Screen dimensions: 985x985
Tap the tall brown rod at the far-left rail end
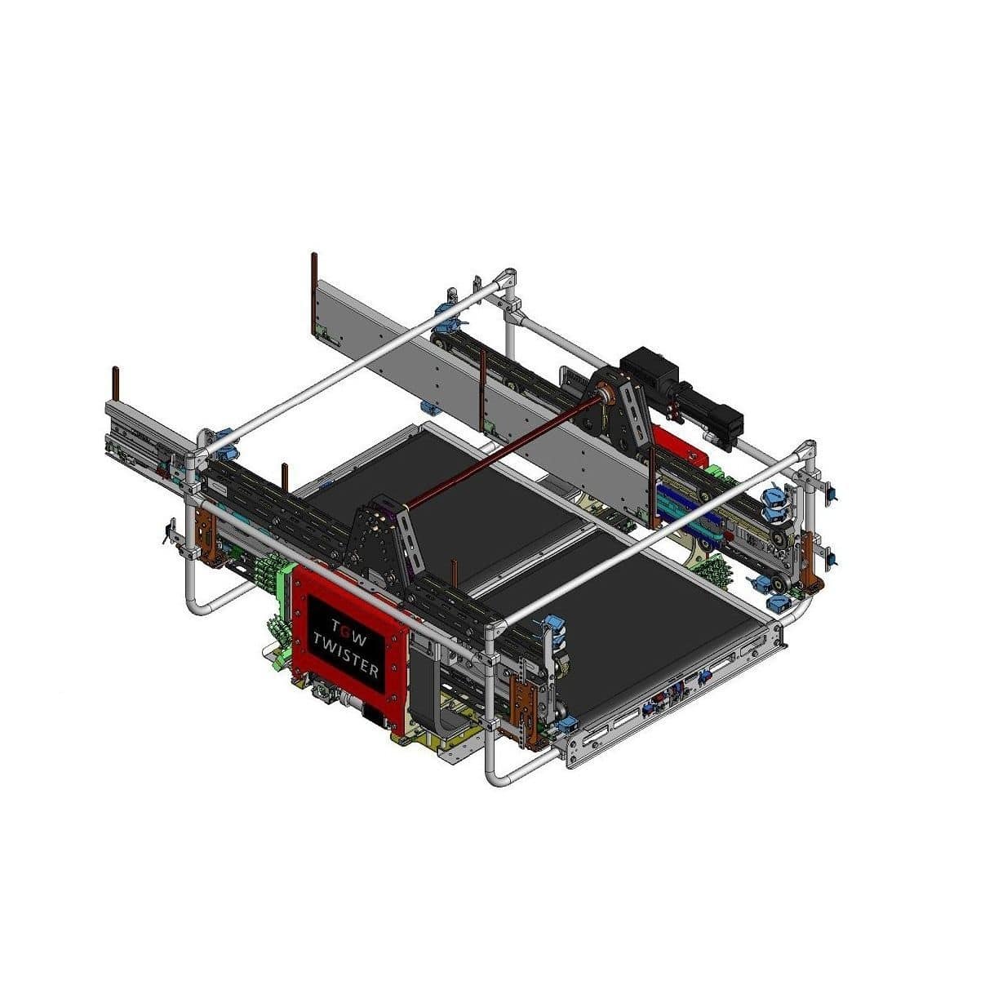pos(117,389)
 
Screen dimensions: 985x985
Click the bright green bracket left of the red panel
pos(286,583)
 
